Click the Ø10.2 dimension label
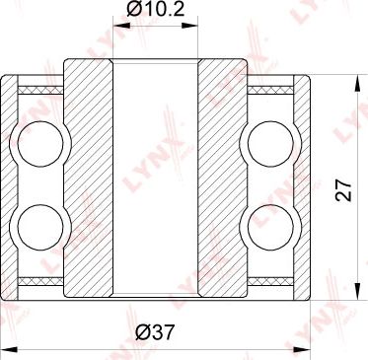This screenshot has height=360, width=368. click(155, 11)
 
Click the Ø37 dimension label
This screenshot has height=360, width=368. click(154, 332)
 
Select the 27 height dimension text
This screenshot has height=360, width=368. click(344, 189)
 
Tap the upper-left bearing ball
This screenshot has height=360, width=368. click(40, 144)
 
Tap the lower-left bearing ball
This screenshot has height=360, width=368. click(40, 227)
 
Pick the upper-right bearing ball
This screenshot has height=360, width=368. click(270, 144)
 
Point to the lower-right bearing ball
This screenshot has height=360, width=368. click(270, 227)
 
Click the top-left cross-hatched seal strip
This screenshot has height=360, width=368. click(40, 90)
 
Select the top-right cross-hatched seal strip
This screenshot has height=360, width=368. click(270, 90)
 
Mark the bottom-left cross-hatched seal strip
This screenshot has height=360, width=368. click(40, 281)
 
